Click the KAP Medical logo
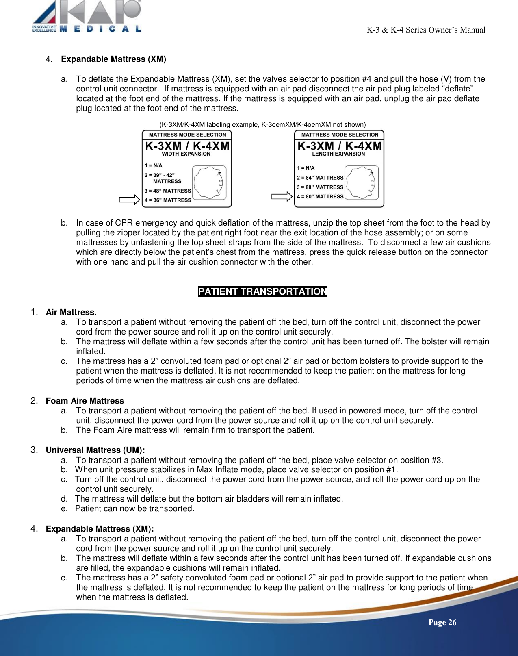(87, 16)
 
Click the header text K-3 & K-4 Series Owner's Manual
(426, 30)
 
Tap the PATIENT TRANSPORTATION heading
(262, 291)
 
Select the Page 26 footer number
(442, 622)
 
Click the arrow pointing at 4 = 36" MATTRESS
(129, 200)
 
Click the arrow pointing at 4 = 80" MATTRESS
(282, 197)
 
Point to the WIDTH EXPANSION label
(186, 154)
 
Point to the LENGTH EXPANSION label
(338, 154)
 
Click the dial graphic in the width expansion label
(209, 182)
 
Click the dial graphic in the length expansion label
(362, 182)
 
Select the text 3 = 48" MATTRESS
(168, 191)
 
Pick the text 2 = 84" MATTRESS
(320, 178)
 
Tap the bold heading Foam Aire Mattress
(85, 401)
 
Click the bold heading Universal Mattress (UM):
(95, 450)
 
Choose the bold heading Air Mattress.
(71, 312)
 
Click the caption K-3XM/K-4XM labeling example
(262, 124)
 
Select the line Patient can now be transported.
(134, 508)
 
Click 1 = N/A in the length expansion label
(306, 168)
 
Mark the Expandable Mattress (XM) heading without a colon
(113, 59)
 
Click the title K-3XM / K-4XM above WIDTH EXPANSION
(187, 146)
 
